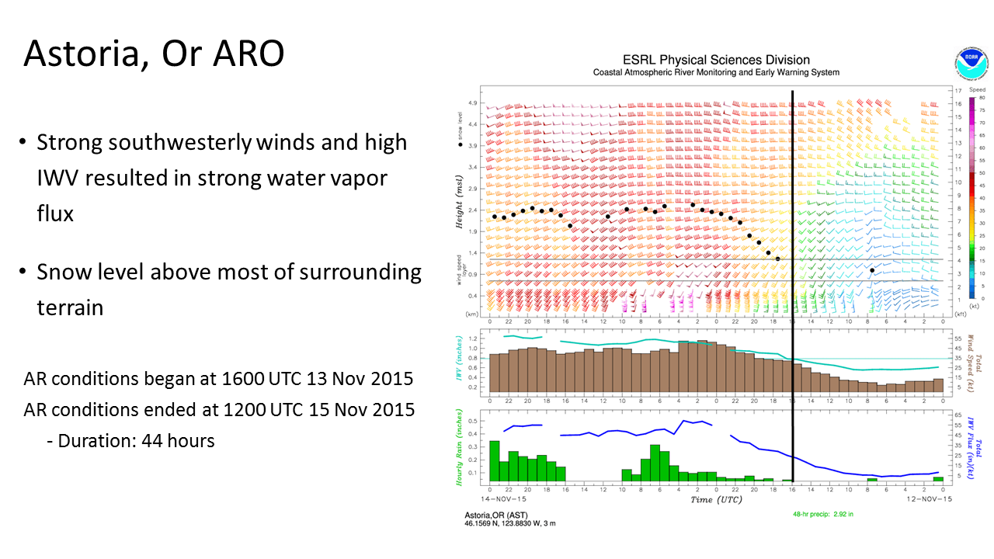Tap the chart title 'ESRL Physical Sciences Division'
coord(716,60)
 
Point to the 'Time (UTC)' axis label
coord(716,499)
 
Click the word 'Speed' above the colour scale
coord(977,90)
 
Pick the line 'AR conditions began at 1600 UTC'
coord(218,379)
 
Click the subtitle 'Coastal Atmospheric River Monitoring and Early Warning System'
coord(716,72)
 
